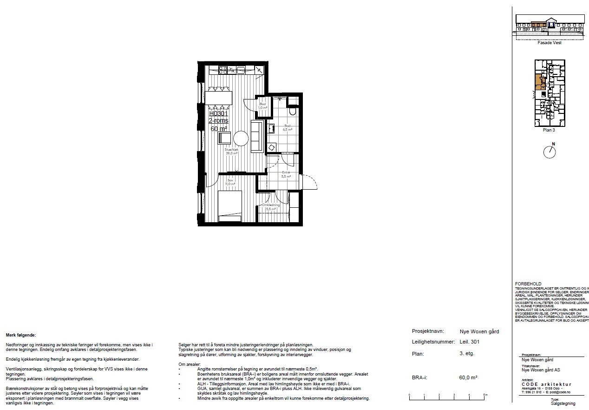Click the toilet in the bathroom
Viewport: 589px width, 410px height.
pyautogui.click(x=292, y=112)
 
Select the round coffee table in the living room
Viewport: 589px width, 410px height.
pyautogui.click(x=241, y=139)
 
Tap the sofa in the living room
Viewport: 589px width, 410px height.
pyautogui.click(x=256, y=135)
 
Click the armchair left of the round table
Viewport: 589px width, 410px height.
pyautogui.click(x=224, y=138)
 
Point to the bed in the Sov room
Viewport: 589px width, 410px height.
pyautogui.click(x=229, y=205)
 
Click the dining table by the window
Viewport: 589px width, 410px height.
pyautogui.click(x=219, y=97)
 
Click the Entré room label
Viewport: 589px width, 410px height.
pyautogui.click(x=286, y=174)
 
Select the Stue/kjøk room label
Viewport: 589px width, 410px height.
pyautogui.click(x=232, y=151)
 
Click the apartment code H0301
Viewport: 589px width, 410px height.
pyautogui.click(x=218, y=113)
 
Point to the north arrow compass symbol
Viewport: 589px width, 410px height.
pyautogui.click(x=550, y=152)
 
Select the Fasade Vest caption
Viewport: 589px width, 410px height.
pyautogui.click(x=549, y=42)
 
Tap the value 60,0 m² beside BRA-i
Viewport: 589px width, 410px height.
pyautogui.click(x=468, y=377)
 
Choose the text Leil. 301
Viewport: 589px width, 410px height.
pyautogui.click(x=469, y=342)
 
